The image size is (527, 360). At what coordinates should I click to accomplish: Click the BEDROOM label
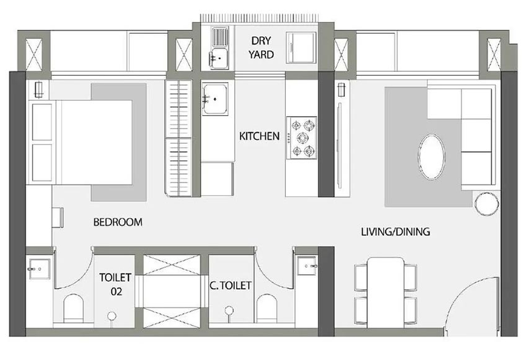click(x=118, y=222)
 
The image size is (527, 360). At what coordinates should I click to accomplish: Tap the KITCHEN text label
click(x=259, y=136)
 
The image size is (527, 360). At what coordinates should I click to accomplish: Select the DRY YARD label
click(x=261, y=47)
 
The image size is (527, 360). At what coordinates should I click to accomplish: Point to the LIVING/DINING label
click(x=395, y=232)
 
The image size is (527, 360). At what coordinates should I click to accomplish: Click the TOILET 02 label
click(x=115, y=284)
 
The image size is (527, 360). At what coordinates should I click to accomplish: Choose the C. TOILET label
click(x=230, y=286)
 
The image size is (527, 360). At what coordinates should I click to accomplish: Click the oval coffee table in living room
click(x=432, y=157)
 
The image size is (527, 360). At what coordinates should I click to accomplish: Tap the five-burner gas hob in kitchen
click(x=302, y=138)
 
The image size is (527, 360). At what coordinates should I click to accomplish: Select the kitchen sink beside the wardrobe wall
click(x=214, y=99)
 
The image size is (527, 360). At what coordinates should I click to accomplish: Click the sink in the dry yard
click(x=220, y=59)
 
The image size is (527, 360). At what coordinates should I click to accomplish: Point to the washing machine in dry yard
click(x=301, y=48)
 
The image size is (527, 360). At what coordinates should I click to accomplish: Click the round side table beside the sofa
click(x=487, y=204)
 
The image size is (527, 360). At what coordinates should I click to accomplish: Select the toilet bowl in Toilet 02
click(x=73, y=308)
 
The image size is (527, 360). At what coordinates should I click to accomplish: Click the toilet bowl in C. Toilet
click(x=267, y=308)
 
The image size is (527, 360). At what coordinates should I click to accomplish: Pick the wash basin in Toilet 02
click(x=39, y=269)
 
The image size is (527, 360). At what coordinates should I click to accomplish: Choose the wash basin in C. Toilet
click(x=307, y=266)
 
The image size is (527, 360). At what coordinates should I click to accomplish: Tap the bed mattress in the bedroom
click(x=97, y=142)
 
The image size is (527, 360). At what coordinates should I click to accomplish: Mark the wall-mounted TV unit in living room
click(x=339, y=146)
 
